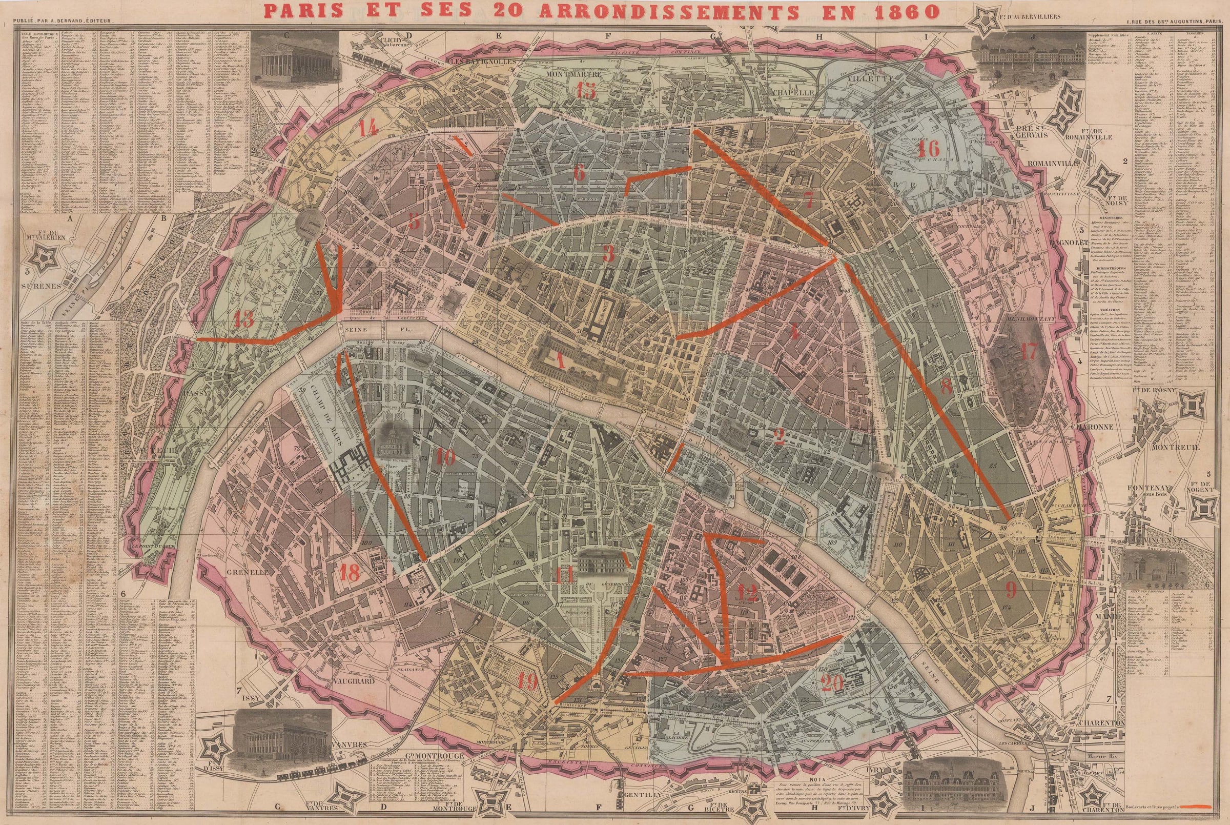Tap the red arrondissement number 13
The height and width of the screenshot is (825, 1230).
243,319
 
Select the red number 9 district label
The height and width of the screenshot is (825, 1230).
1011,590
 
